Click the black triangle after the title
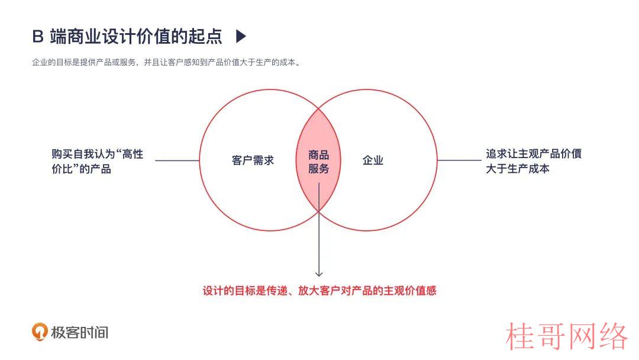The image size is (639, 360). pyautogui.click(x=241, y=36)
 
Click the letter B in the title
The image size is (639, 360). pyautogui.click(x=38, y=36)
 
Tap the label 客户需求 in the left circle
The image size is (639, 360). pyautogui.click(x=253, y=160)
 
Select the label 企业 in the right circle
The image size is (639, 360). pyautogui.click(x=373, y=160)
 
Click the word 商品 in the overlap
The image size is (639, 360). pyautogui.click(x=319, y=155)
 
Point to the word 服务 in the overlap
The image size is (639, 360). pyautogui.click(x=319, y=168)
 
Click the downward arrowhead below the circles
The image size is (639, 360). pyautogui.click(x=319, y=274)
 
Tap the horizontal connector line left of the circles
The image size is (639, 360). pyautogui.click(x=177, y=160)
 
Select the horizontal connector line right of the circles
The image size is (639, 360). pyautogui.click(x=459, y=160)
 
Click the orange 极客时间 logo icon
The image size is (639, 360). pyautogui.click(x=40, y=332)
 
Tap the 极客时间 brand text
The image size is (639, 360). pyautogui.click(x=79, y=332)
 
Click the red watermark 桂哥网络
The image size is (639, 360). pyautogui.click(x=566, y=336)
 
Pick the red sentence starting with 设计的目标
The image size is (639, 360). pyautogui.click(x=319, y=291)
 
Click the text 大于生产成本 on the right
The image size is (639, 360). pyautogui.click(x=518, y=168)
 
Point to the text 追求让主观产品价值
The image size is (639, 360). pyautogui.click(x=534, y=154)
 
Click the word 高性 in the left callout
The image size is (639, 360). pyautogui.click(x=133, y=154)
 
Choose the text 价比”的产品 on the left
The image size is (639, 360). pyautogui.click(x=82, y=169)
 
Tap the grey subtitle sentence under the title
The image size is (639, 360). pyautogui.click(x=166, y=62)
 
